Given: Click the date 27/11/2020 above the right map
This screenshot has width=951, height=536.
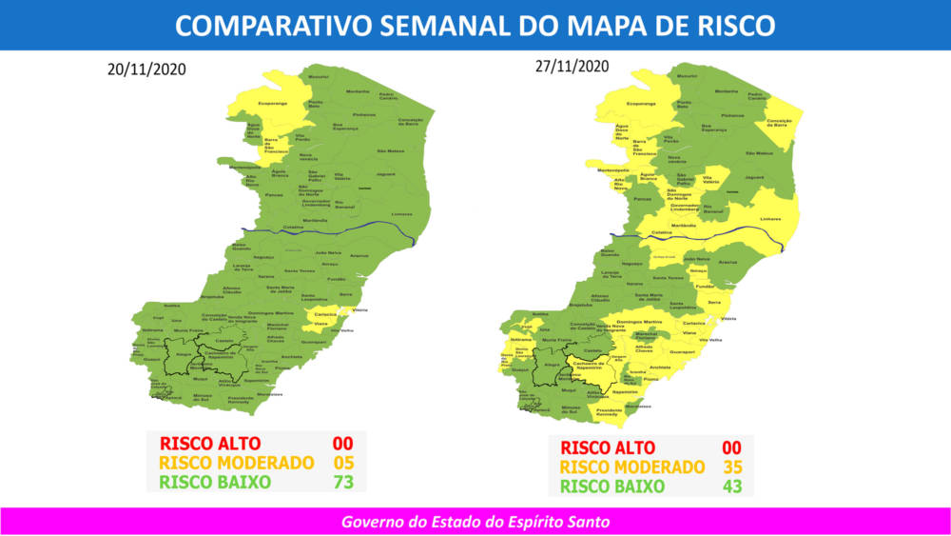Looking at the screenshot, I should click(x=571, y=66).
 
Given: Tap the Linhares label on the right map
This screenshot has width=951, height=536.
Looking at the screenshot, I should click(x=770, y=218).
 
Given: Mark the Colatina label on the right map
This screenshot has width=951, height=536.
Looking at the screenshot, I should click(x=662, y=233).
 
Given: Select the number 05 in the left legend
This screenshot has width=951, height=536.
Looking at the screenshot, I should click(x=342, y=463).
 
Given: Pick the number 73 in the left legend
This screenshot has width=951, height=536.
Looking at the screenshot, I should click(x=342, y=482).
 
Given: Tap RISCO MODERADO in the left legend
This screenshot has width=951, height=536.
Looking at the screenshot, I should click(x=237, y=463).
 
